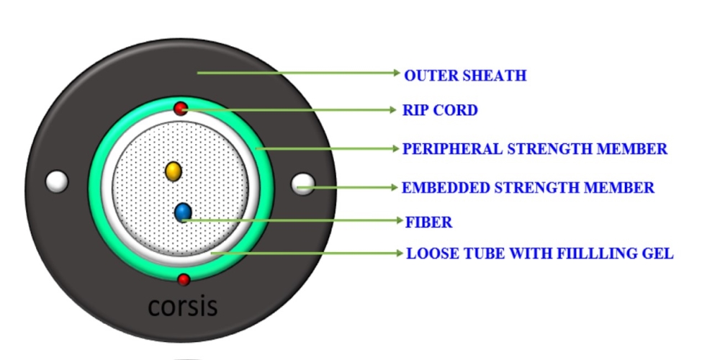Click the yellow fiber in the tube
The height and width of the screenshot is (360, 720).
click(x=173, y=171)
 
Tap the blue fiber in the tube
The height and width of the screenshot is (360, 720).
click(x=183, y=212)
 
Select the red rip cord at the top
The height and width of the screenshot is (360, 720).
click(x=181, y=109)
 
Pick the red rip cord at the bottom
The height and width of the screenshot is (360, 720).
click(x=184, y=279)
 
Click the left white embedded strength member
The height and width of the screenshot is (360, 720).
click(x=57, y=181)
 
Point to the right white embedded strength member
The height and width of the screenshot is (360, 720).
click(x=303, y=184)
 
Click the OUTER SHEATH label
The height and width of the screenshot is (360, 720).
click(x=465, y=76)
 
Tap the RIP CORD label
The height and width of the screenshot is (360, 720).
click(x=441, y=110)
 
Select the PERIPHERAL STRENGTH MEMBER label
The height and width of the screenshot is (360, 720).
click(x=535, y=149)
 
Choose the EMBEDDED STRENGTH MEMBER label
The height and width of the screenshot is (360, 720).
click(x=528, y=188)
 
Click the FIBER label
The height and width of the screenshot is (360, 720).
click(x=429, y=222)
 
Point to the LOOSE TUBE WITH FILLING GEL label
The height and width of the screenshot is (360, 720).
click(x=540, y=253)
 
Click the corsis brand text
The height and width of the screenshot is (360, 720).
click(x=183, y=305)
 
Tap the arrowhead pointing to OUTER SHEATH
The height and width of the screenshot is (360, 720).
click(x=397, y=73)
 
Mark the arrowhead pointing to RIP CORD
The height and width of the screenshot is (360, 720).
click(x=392, y=110)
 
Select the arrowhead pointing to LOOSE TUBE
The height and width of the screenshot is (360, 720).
click(x=400, y=253)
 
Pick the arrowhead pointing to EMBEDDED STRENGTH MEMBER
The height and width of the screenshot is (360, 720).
click(x=395, y=187)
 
